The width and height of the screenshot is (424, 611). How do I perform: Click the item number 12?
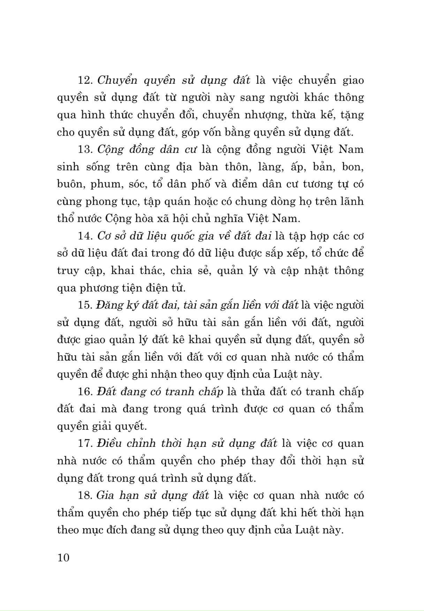(x=84, y=80)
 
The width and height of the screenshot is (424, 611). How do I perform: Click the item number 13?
(x=84, y=149)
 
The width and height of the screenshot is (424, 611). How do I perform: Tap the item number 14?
(x=84, y=236)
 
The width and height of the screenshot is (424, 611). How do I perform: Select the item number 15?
(x=84, y=305)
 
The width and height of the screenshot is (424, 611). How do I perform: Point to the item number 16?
(x=84, y=392)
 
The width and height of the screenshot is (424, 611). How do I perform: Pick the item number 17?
(x=84, y=443)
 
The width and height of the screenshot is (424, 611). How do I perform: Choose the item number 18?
(x=84, y=495)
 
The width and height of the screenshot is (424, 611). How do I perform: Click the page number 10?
(x=63, y=558)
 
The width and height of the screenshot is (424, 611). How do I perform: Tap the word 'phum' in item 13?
(x=104, y=184)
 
